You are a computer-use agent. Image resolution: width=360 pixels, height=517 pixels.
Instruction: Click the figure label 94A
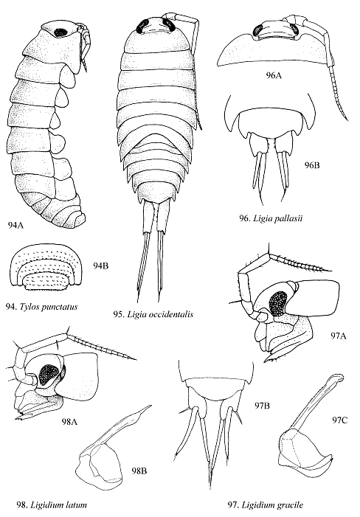click(15, 226)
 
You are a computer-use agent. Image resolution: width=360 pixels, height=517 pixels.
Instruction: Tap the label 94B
click(100, 266)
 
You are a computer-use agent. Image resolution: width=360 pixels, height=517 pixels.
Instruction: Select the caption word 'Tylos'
click(29, 307)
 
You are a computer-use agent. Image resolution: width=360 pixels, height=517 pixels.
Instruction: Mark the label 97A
click(339, 336)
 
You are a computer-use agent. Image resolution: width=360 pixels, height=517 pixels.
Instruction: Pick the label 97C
click(339, 420)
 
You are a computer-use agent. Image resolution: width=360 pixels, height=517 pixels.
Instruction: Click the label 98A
click(69, 421)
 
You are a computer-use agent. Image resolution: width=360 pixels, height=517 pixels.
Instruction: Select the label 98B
click(139, 471)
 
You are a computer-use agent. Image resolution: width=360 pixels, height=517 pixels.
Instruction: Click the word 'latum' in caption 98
click(77, 504)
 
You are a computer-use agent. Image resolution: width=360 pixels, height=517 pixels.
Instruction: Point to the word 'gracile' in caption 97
click(288, 504)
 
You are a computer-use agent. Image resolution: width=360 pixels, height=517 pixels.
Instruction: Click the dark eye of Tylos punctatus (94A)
click(60, 32)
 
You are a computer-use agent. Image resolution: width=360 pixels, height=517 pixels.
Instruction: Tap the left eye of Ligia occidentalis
click(143, 25)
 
